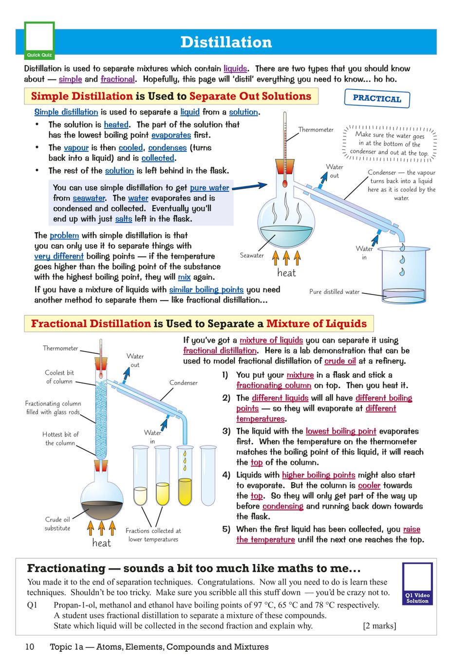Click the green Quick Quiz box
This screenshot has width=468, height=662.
pyautogui.click(x=39, y=41)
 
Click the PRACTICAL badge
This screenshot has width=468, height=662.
pyautogui.click(x=377, y=98)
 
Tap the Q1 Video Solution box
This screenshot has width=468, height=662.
pyautogui.click(x=417, y=584)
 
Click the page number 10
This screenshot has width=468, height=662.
pyautogui.click(x=30, y=646)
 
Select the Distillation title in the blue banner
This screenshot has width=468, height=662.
pyautogui.click(x=226, y=42)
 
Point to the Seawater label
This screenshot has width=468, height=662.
pyautogui.click(x=252, y=256)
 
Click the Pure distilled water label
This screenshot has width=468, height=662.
pyautogui.click(x=334, y=292)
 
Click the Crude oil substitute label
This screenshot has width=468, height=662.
pyautogui.click(x=57, y=524)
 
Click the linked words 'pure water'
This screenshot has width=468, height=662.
pyautogui.click(x=209, y=188)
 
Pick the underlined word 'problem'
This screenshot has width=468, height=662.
pyautogui.click(x=64, y=236)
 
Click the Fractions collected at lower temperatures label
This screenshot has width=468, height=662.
pyautogui.click(x=153, y=535)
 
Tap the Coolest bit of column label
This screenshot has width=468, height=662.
pyautogui.click(x=59, y=377)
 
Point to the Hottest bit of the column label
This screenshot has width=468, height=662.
pyautogui.click(x=60, y=439)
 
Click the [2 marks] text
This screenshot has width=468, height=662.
pyautogui.click(x=379, y=626)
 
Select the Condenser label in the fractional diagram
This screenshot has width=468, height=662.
pyautogui.click(x=183, y=383)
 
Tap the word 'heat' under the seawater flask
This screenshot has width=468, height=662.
pyautogui.click(x=286, y=273)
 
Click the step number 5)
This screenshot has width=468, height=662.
pyautogui.click(x=226, y=529)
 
